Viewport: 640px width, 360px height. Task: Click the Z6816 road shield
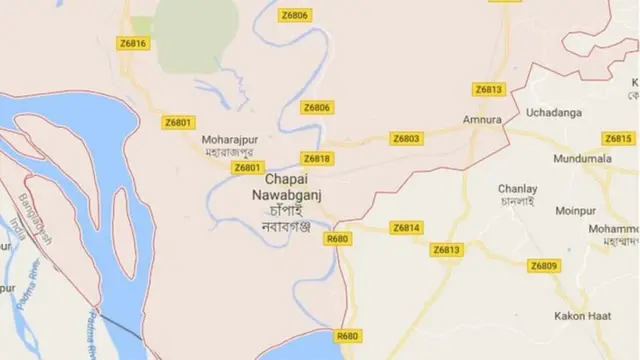coord(132,43)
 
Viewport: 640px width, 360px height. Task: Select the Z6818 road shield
coord(317,159)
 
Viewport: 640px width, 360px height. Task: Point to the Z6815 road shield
coord(618,138)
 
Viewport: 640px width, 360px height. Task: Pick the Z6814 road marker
coord(407,228)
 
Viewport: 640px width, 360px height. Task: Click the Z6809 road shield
coord(544,265)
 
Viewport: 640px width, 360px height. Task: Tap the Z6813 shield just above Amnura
coord(489,89)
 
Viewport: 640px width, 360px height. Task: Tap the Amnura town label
coord(481,121)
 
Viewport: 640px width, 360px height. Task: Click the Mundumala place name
coord(580,159)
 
